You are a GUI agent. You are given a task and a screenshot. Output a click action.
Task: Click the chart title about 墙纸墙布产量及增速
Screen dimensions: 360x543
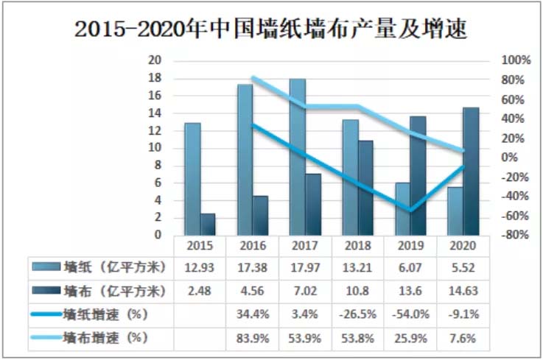271,29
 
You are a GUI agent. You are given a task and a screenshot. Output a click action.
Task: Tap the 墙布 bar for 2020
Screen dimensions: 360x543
470,172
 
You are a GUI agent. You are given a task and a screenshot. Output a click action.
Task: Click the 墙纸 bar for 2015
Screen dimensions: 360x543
192,179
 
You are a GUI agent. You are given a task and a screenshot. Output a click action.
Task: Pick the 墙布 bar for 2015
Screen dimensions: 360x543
208,225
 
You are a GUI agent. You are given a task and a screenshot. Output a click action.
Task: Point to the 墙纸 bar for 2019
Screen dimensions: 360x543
402,208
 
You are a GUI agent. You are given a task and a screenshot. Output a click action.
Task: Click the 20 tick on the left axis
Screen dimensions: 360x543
155,61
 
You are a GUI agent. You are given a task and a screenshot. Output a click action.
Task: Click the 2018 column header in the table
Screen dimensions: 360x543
357,246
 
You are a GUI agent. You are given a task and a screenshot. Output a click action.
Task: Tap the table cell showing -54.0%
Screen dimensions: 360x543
410,314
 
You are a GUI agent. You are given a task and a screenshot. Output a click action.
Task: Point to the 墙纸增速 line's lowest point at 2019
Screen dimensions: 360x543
410,211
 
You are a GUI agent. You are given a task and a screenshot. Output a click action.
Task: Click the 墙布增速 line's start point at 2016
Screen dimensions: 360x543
252,77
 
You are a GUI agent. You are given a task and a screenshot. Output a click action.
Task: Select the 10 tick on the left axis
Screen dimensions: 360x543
155,148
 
